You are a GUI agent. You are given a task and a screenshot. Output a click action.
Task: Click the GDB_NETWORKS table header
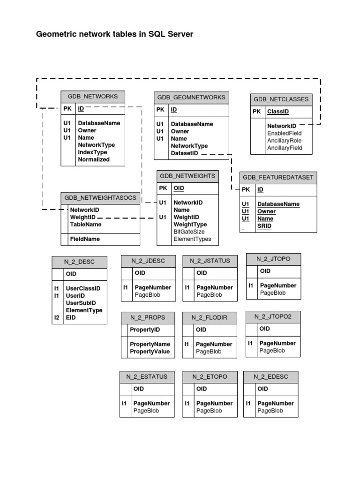93,97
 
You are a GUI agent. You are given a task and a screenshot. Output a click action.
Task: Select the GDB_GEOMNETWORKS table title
191,97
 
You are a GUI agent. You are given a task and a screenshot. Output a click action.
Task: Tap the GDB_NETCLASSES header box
281,99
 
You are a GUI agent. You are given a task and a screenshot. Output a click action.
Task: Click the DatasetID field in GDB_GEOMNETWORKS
185,153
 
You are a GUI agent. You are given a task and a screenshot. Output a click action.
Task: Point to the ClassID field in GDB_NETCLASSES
278,112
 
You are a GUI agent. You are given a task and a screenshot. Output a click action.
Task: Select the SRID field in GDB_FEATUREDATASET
264,226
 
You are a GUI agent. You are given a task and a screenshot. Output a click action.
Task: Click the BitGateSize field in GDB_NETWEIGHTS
189,232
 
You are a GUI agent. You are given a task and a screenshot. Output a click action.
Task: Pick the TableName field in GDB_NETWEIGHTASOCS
86,225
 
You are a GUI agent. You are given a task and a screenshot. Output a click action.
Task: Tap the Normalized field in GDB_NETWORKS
94,159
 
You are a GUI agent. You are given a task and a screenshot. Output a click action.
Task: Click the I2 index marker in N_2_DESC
57,318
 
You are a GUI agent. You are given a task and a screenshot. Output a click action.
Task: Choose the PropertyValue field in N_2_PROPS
150,352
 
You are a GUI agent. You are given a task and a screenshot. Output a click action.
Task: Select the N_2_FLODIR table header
209,317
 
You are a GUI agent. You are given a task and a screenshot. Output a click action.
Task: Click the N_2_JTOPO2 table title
273,316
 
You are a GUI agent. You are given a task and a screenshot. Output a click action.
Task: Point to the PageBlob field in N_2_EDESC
270,411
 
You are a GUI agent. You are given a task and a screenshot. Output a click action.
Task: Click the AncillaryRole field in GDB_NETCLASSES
285,141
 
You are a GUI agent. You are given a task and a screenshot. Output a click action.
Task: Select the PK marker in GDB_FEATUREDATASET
246,189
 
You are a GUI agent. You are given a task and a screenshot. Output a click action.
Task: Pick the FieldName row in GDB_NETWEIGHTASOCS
85,239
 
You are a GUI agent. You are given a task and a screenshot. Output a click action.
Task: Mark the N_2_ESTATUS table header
147,376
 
